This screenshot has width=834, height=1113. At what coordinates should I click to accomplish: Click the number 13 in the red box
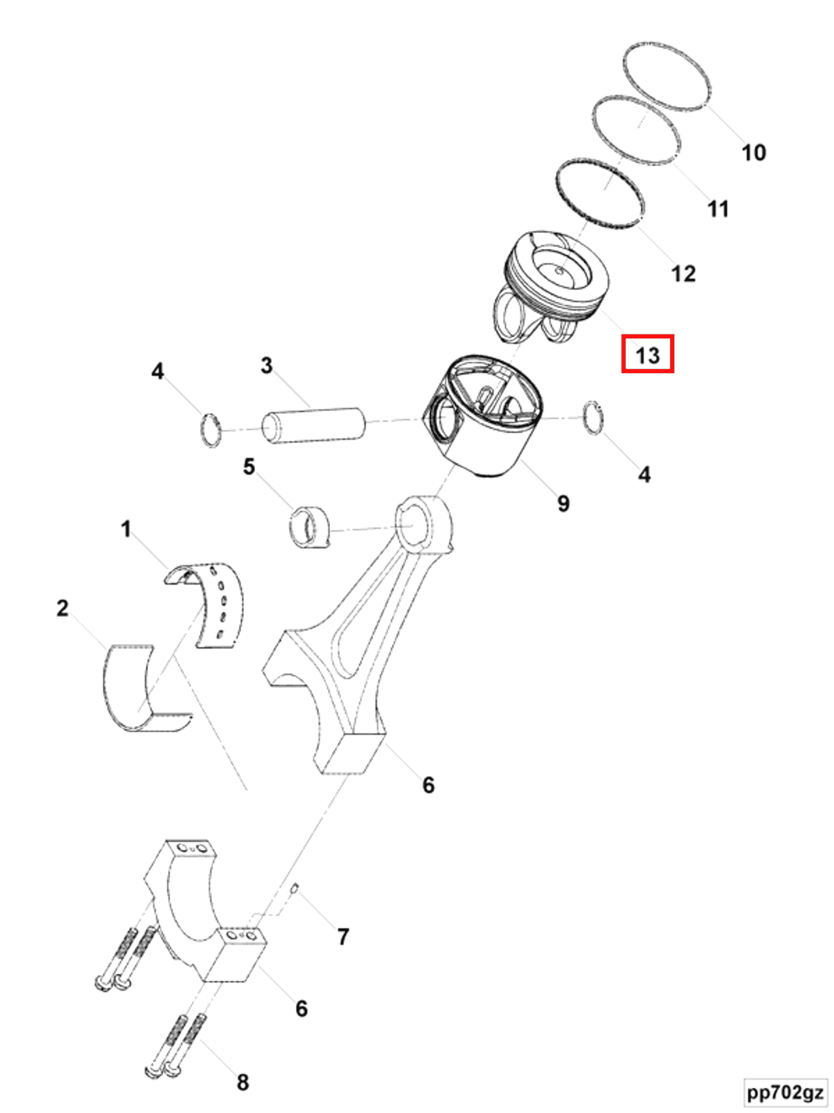pos(647,356)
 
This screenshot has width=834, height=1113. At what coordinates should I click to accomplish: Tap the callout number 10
pos(753,153)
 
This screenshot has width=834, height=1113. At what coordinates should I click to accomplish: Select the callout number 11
pos(717,208)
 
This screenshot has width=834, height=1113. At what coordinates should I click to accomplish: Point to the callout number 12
pos(683,274)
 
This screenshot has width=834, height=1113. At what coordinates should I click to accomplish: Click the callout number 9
pos(563,503)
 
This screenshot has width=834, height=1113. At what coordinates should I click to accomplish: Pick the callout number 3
pos(267,365)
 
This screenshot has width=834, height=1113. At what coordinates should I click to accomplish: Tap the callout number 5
pos(249,467)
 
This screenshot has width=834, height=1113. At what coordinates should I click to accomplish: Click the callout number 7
pos(343,937)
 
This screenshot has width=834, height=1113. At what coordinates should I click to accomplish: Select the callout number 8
pos(242,1082)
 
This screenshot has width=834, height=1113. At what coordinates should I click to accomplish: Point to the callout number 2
pos(63,608)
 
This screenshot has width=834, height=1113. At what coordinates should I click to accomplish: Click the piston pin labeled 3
pos(314,426)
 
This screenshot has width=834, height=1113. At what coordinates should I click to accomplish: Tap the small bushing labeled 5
pos(309,528)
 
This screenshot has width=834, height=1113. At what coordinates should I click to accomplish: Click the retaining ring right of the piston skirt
pos(594,418)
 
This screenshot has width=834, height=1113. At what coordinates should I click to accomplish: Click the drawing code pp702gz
pos(785,1092)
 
